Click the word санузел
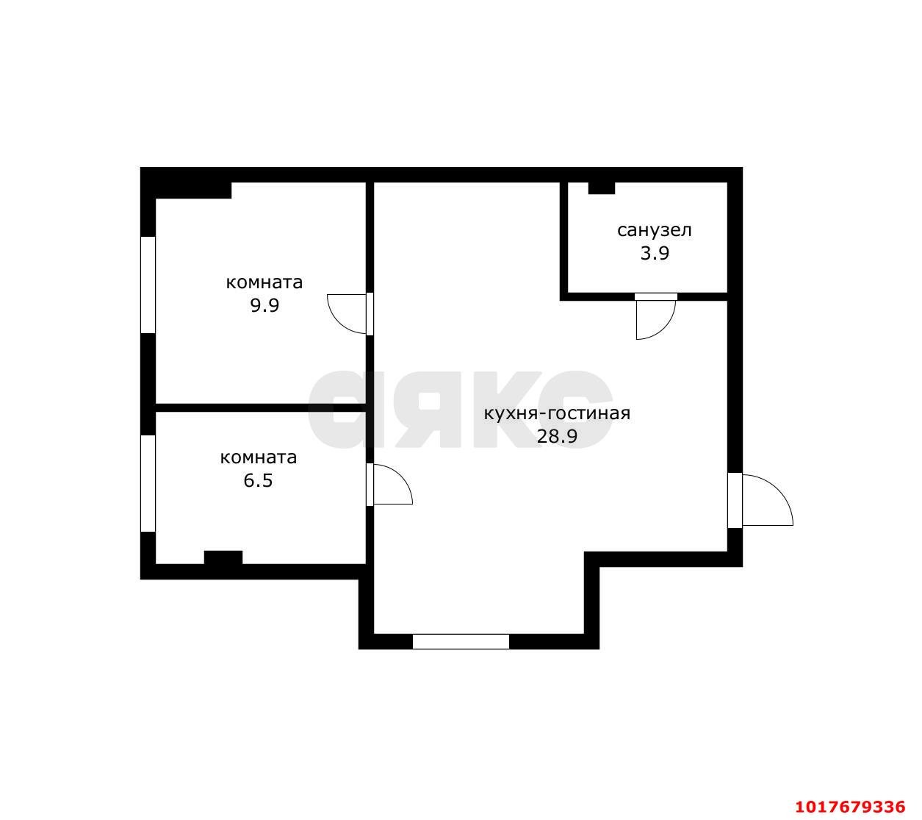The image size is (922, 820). tap(654, 230)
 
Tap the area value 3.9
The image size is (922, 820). tap(655, 253)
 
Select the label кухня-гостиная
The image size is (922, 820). tap(557, 414)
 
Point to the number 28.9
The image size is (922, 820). tap(557, 436)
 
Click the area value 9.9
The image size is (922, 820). tap(264, 305)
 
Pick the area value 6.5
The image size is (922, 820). tap(258, 480)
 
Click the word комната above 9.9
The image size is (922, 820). tap(264, 282)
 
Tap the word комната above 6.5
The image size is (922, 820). tap(258, 457)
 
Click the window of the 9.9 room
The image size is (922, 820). tap(148, 285)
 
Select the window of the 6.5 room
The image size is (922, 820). tap(148, 483)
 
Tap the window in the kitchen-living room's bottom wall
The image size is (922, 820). tap(461, 641)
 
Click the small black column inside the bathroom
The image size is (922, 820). tap(602, 188)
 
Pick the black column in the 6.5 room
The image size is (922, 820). tap(223, 557)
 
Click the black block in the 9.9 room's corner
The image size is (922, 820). tap(193, 190)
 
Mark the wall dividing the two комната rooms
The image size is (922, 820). tap(262, 407)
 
